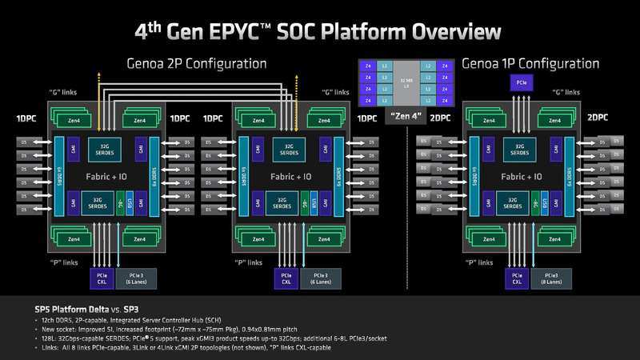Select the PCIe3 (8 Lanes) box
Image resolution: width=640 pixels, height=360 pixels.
click(554, 278)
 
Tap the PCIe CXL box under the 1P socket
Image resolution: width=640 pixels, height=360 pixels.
click(518, 278)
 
